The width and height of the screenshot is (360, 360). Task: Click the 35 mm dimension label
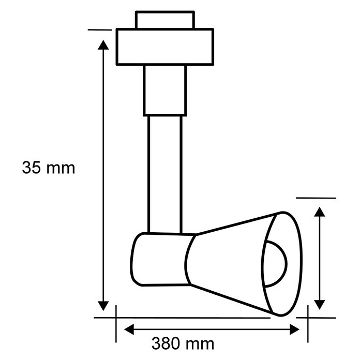click(49, 168)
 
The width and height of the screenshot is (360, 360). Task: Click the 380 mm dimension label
click(183, 343)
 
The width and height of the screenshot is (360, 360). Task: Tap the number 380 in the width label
click(166, 343)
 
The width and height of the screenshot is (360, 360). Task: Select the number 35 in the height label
click(31, 168)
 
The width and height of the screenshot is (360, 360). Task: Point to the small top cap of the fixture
click(165, 20)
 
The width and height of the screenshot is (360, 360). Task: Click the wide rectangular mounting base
click(165, 47)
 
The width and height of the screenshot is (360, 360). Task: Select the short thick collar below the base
click(165, 91)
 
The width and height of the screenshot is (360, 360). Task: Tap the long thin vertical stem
click(165, 174)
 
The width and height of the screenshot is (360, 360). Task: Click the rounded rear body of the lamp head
click(161, 259)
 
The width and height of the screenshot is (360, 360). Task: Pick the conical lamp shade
click(244, 264)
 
